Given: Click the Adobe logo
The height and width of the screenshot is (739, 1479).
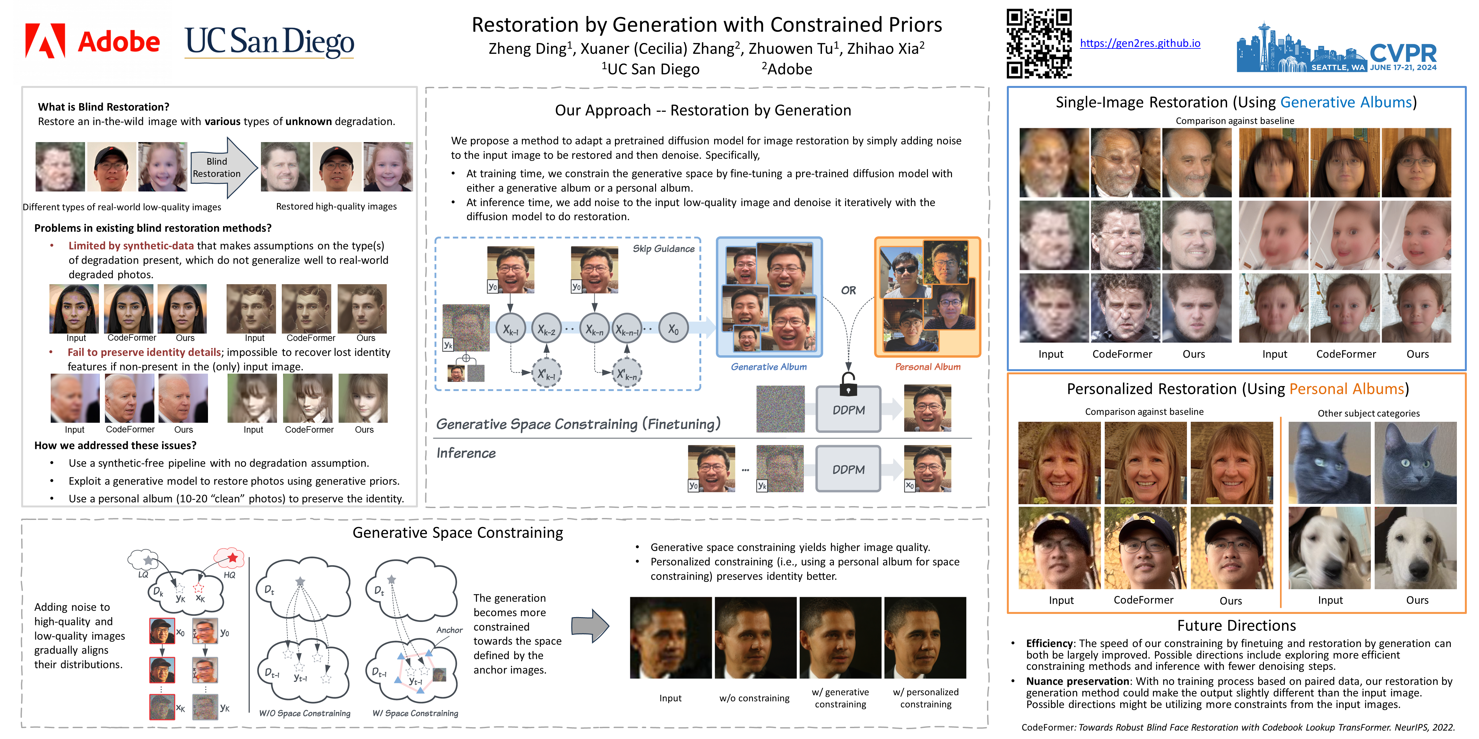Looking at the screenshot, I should (x=92, y=41).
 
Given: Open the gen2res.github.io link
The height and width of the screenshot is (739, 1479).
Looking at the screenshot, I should (x=1140, y=43).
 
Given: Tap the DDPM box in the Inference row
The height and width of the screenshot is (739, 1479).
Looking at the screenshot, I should (x=848, y=469).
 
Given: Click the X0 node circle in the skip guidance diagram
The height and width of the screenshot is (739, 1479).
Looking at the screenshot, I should (x=673, y=329).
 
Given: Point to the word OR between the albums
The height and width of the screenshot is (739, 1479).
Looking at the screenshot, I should (x=848, y=290).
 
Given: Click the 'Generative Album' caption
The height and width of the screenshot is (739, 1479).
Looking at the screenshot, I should (x=768, y=367).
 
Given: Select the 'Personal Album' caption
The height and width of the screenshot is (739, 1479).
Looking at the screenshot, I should (x=927, y=367).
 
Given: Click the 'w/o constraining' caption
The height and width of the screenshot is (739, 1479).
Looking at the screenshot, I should (x=754, y=698).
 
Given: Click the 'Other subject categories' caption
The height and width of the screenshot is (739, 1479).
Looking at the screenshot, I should (x=1368, y=413).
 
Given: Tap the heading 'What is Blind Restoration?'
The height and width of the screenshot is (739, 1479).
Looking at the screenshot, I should (x=103, y=107).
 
